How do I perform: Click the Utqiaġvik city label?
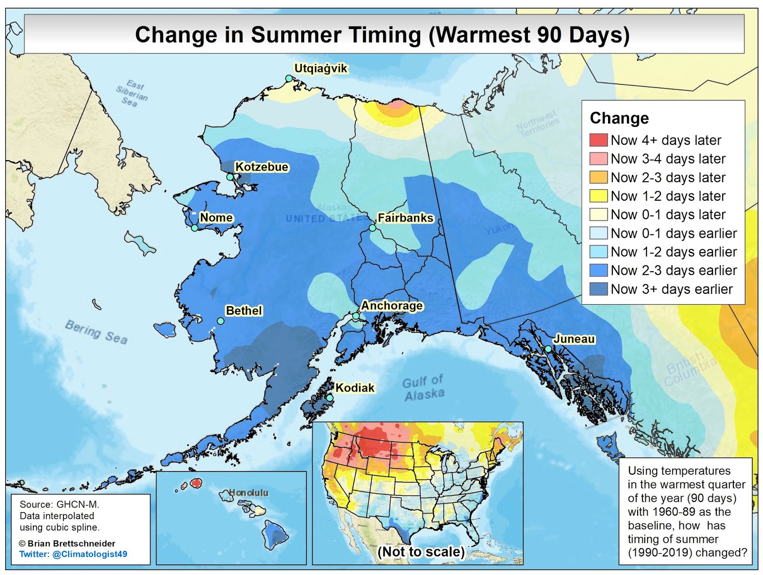[320, 69]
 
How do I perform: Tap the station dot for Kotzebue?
[230, 177]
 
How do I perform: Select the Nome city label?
[216, 217]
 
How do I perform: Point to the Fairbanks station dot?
[372, 228]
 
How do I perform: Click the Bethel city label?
[244, 310]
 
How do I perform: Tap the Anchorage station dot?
[356, 316]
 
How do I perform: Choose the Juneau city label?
[574, 339]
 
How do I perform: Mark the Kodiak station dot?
[330, 398]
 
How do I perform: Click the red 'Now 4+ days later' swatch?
[598, 140]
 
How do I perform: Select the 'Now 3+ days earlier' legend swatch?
[598, 289]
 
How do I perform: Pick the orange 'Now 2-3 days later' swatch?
[598, 177]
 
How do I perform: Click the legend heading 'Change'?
[619, 118]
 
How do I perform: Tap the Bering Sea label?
[96, 332]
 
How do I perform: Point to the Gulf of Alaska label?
[423, 388]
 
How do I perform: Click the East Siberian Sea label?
[132, 93]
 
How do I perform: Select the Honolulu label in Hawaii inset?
[248, 493]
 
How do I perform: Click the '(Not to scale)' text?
[421, 552]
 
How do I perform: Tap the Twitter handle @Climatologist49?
[73, 554]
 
